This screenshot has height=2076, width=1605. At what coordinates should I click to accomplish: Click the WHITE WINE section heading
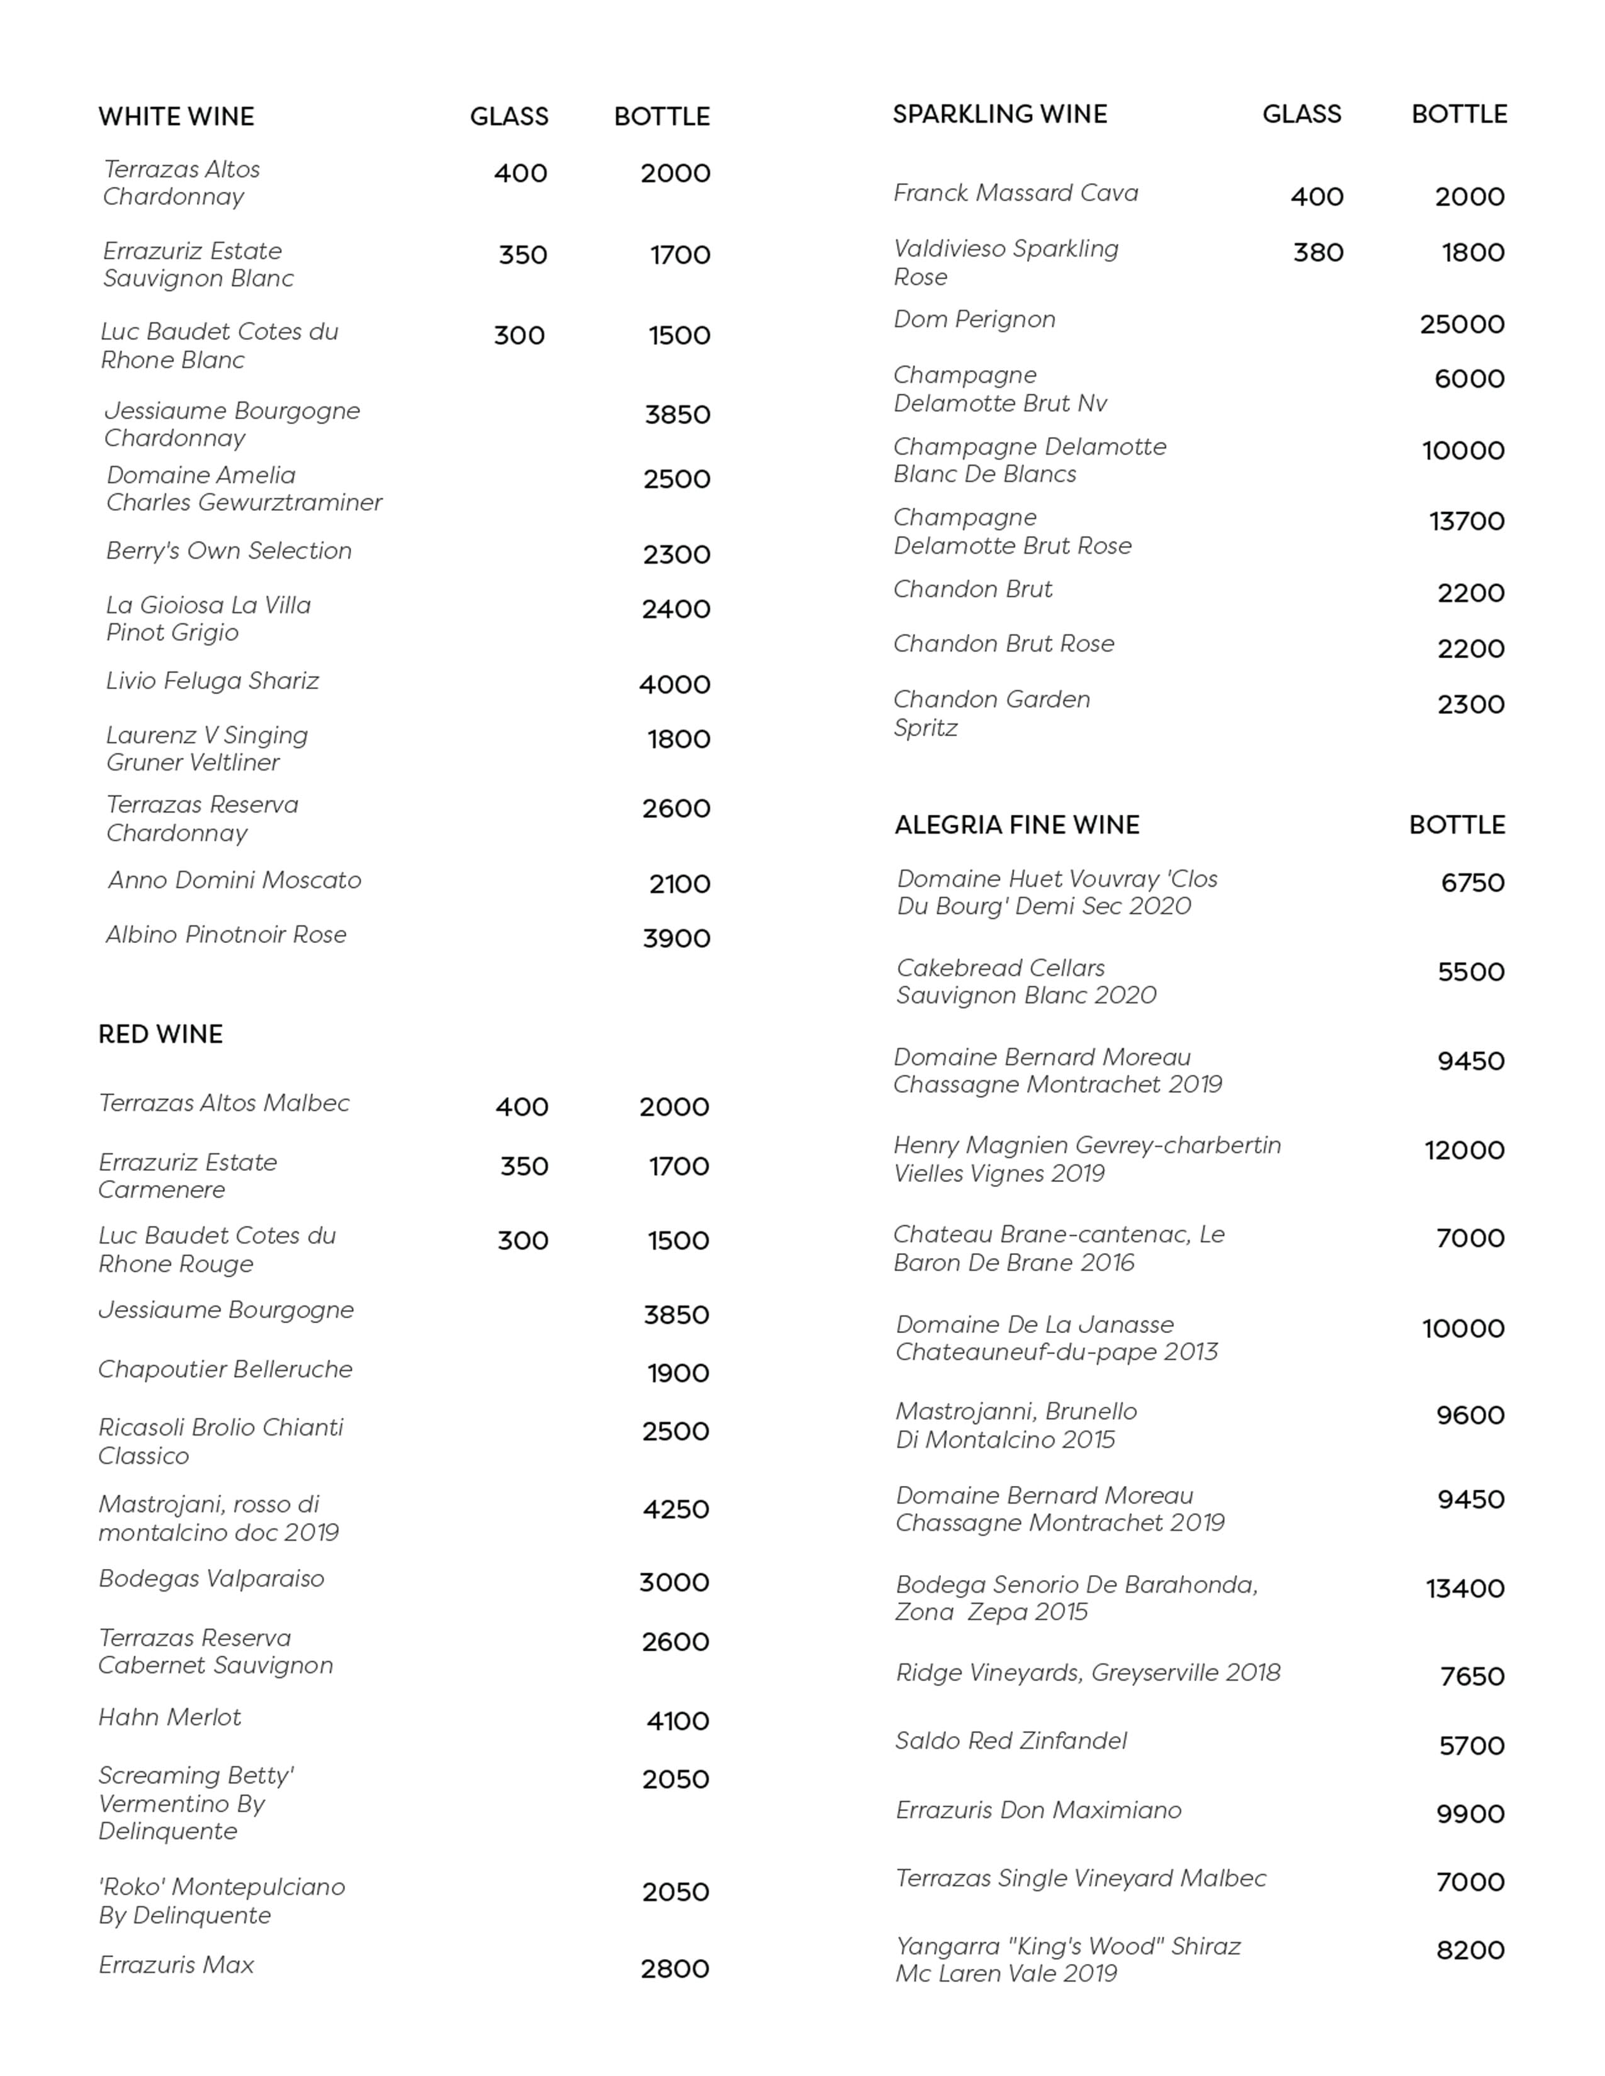[176, 117]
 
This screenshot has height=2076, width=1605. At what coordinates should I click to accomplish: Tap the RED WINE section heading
[160, 1034]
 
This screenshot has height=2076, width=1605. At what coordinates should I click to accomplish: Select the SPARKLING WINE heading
[1000, 115]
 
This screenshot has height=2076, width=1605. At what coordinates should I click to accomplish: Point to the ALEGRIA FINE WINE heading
[1016, 825]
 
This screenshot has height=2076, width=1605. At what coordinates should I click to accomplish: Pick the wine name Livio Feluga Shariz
[212, 681]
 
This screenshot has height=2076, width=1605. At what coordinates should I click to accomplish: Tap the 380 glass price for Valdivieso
[1318, 253]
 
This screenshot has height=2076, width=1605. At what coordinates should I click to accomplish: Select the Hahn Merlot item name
[169, 1717]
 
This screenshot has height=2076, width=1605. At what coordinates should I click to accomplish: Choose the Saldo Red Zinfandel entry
[1010, 1741]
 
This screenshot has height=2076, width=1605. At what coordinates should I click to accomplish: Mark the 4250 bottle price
[675, 1509]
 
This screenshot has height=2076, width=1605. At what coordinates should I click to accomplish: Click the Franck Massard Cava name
[1015, 193]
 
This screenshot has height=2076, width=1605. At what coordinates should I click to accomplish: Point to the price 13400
[1464, 1588]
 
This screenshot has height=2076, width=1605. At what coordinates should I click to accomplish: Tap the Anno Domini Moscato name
[234, 880]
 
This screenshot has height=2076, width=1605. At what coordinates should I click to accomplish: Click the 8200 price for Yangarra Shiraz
[1470, 1951]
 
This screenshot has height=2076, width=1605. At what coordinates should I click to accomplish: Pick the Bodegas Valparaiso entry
[211, 1579]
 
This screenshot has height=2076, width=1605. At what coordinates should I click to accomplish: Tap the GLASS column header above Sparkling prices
[1301, 115]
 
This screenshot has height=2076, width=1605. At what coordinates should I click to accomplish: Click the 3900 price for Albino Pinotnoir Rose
[676, 939]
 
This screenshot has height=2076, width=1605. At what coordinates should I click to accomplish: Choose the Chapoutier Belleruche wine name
[225, 1370]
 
